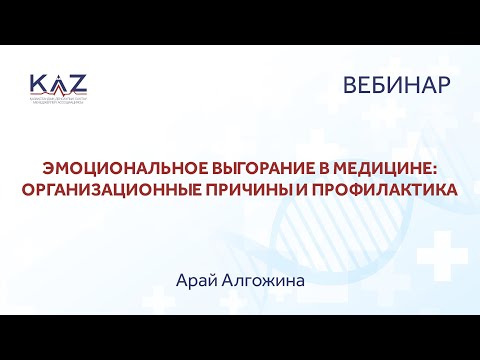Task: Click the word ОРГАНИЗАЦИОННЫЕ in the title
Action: point(131,189)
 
